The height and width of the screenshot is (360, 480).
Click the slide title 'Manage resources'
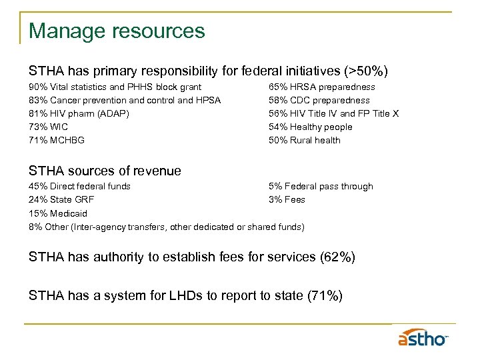click(117, 31)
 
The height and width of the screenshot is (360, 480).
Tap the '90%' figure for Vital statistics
click(38, 87)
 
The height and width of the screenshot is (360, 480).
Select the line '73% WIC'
click(48, 127)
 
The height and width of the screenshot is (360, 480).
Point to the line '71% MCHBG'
click(57, 140)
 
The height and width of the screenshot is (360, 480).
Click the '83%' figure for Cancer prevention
click(38, 100)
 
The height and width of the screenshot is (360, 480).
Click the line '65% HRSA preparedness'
click(321, 87)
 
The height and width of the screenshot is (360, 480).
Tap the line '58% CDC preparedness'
click(319, 100)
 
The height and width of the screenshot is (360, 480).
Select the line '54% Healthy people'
click(310, 127)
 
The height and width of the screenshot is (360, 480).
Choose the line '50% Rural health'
click(304, 140)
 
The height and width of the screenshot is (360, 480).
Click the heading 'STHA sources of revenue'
click(105, 171)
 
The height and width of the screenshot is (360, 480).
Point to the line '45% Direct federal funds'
click(79, 186)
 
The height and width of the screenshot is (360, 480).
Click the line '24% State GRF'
click(61, 199)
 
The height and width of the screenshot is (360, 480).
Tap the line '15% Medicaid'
click(58, 213)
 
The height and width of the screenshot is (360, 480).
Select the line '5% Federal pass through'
click(321, 186)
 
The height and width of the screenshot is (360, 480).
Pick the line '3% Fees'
click(287, 199)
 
